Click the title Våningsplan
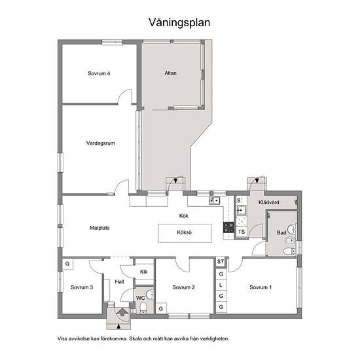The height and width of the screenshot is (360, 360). pyautogui.click(x=179, y=23)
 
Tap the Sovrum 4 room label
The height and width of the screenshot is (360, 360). pyautogui.click(x=99, y=73)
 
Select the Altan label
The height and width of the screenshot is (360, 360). pyautogui.click(x=171, y=73)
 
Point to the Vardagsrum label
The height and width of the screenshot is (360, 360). pyautogui.click(x=101, y=143)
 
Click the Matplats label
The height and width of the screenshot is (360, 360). pyautogui.click(x=99, y=228)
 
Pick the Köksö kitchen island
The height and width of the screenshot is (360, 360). pyautogui.click(x=185, y=233)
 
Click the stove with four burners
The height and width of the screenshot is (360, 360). pyautogui.click(x=228, y=228)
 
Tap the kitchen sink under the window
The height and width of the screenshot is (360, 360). pyautogui.click(x=215, y=201)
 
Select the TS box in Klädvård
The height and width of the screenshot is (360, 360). pyautogui.click(x=242, y=232)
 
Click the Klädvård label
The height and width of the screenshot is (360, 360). pyautogui.click(x=269, y=202)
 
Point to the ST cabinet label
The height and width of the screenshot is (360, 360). pyautogui.click(x=221, y=262)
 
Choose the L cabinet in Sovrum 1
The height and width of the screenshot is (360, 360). pyautogui.click(x=221, y=285)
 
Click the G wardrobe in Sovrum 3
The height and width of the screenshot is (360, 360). pyautogui.click(x=67, y=264)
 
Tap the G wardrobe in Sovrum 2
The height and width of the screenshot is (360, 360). pyautogui.click(x=161, y=309)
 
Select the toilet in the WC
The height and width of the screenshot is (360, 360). pyautogui.click(x=143, y=308)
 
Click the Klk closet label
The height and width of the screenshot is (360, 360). pyautogui.click(x=144, y=272)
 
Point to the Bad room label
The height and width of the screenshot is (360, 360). pyautogui.click(x=281, y=233)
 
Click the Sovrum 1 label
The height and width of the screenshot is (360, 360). pyautogui.click(x=261, y=287)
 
